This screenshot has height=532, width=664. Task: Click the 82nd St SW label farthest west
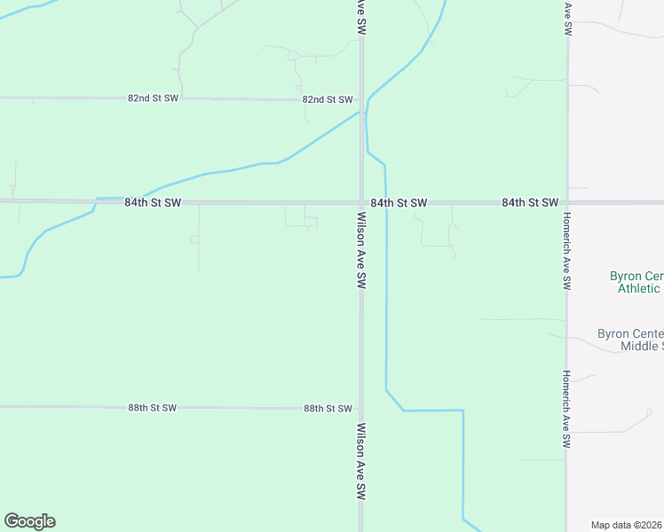coord(154,98)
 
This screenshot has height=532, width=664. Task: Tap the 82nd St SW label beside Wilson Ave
coord(328,100)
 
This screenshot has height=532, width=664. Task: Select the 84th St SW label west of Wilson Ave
coord(153,203)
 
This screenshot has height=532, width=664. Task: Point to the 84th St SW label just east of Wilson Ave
coord(399,203)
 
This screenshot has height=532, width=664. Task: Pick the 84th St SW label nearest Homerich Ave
coord(530,203)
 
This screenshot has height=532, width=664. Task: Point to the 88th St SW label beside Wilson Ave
coord(328,409)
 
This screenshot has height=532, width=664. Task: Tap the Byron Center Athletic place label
coord(635,282)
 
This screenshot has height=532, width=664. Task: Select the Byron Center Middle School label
coord(630,340)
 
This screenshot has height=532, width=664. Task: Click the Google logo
coord(29,521)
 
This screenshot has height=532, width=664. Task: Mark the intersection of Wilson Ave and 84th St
coord(361,202)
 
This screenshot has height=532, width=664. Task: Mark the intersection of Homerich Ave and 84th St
coord(566,202)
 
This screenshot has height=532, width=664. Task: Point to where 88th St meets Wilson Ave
coord(361,409)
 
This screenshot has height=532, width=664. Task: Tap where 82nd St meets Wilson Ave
coord(361,100)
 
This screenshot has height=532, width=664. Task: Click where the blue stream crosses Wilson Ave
coord(361,113)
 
